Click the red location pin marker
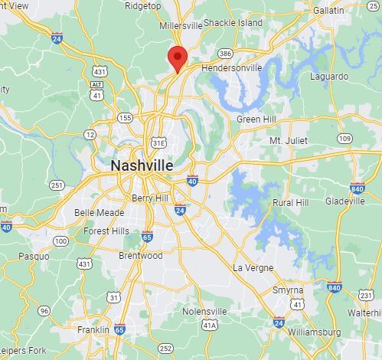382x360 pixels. (x=177, y=57)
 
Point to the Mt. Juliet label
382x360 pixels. (x=288, y=141)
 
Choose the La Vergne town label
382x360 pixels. (x=253, y=268)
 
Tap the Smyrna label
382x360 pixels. (x=288, y=291)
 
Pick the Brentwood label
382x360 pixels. (x=140, y=255)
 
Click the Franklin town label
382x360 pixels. (x=93, y=329)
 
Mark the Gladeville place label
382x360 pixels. (x=344, y=201)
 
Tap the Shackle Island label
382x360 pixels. (x=233, y=23)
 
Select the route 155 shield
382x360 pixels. (x=125, y=117)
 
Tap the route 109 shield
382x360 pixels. (x=345, y=139)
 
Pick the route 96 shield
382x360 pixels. (x=44, y=310)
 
